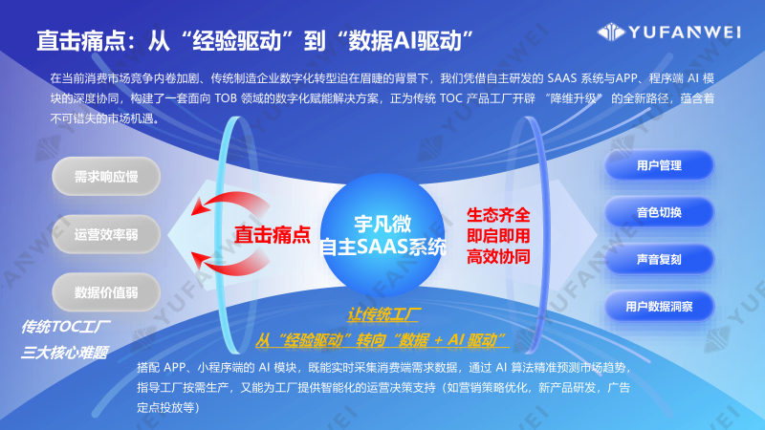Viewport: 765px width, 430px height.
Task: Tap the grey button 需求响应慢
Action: click(106, 177)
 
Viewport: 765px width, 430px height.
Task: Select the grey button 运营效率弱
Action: click(106, 234)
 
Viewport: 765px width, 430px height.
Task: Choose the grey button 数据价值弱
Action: click(106, 291)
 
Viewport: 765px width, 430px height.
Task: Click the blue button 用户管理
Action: click(659, 165)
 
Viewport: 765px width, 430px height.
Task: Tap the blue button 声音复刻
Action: click(659, 259)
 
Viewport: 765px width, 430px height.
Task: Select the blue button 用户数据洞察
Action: click(659, 307)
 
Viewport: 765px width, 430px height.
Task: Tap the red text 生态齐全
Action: click(498, 215)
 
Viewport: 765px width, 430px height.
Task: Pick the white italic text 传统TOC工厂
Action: click(67, 327)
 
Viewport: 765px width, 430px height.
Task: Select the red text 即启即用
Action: click(498, 236)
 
